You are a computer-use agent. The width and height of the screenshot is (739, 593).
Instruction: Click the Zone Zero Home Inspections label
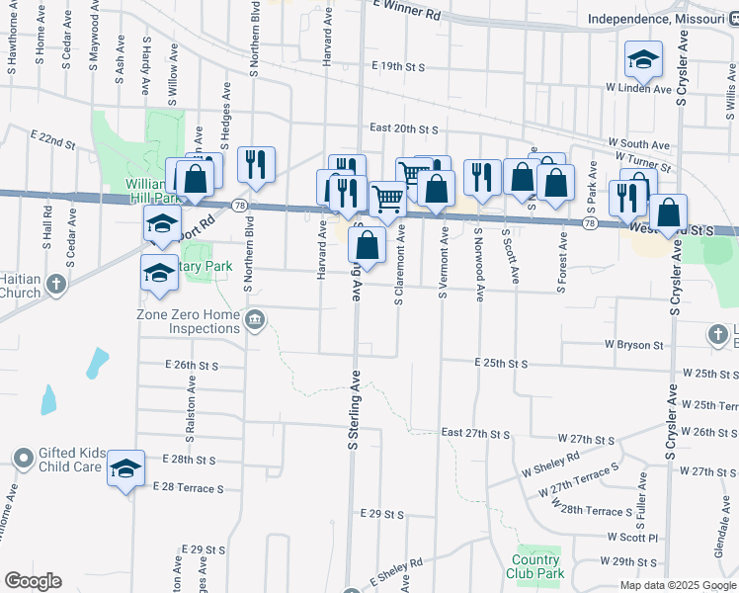coord(188,321)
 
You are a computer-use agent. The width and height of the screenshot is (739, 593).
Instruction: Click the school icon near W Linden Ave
coord(643,60)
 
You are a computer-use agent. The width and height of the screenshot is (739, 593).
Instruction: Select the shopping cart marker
coord(387,198)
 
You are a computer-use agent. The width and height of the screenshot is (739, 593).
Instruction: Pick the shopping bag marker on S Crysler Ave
coord(669,212)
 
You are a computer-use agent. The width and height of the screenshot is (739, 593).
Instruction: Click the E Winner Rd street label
coord(406,12)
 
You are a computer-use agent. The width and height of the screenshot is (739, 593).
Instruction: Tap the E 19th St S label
coord(398,67)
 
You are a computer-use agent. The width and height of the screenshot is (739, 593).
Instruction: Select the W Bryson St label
coord(634,345)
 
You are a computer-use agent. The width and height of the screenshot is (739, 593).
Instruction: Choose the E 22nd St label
coord(53,135)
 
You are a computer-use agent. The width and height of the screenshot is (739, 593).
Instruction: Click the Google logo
coord(33,581)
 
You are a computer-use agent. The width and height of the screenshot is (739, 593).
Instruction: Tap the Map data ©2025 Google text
coord(677,585)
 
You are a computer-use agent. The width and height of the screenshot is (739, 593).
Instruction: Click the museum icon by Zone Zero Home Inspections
coord(255,318)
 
